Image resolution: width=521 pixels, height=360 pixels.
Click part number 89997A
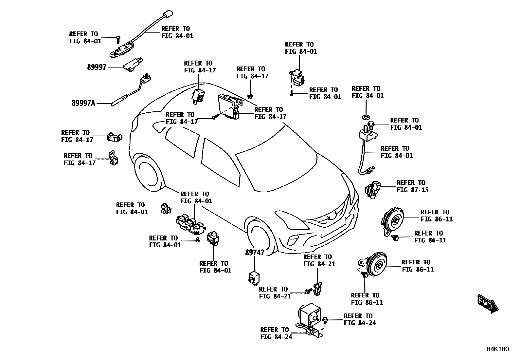(83, 103)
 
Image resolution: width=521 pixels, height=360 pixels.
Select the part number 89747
(255, 253)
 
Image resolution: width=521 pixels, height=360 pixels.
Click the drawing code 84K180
(497, 349)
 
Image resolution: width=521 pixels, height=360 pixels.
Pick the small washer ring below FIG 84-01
(366, 117)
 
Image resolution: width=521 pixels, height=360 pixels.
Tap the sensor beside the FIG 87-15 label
(373, 190)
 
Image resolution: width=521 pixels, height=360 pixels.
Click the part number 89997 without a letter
(97, 67)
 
